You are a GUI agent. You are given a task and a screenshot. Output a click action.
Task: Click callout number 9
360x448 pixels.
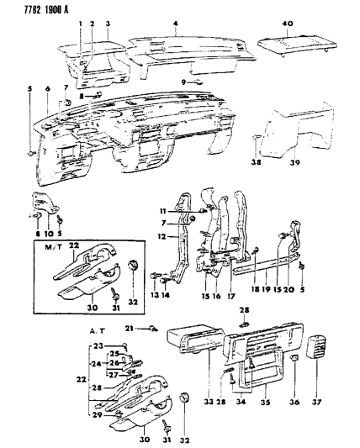(x=183, y=82)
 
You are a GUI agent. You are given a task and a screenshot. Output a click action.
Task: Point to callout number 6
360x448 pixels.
(x=48, y=88)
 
